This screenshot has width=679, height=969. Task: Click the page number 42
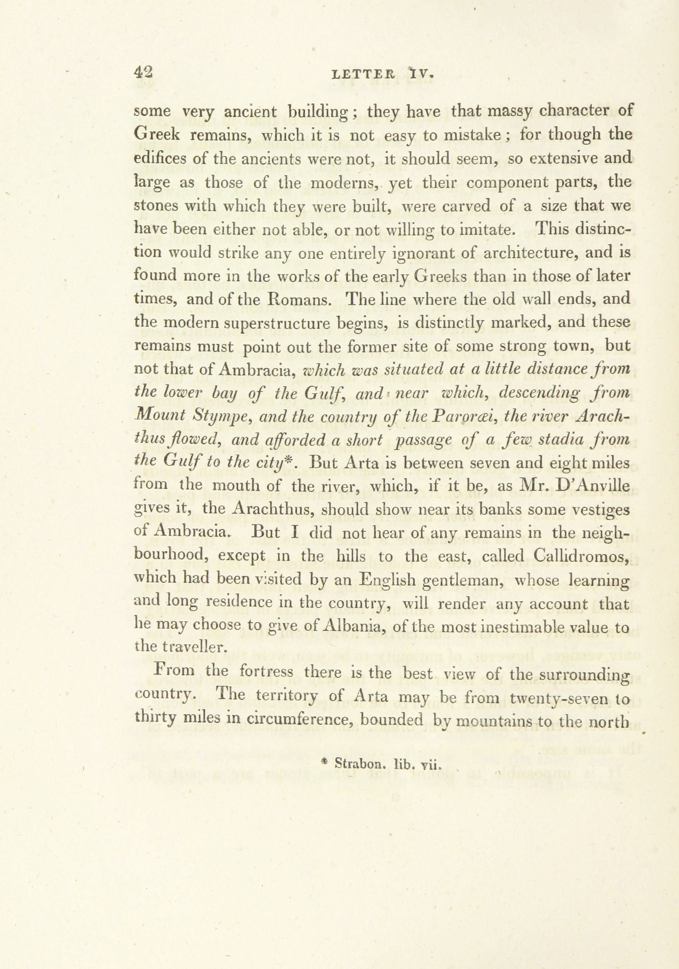coord(143,73)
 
